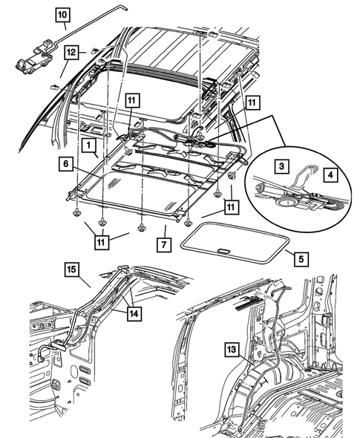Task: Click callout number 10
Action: click(x=62, y=13)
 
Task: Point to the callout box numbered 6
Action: click(x=66, y=163)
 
